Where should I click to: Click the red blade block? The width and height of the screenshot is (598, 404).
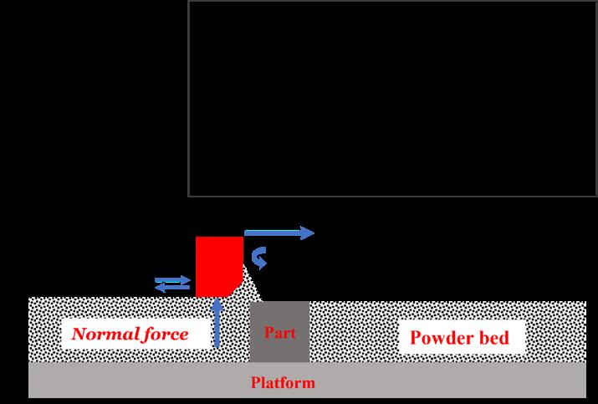216,263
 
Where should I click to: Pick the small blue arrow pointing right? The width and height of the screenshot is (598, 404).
173,280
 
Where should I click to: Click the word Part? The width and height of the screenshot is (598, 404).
280,332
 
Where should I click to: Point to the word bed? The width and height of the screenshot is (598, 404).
501,339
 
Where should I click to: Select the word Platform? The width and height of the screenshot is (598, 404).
284,384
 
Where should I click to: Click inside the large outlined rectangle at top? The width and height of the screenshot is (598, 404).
392,98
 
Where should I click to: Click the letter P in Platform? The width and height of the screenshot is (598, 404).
256,384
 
